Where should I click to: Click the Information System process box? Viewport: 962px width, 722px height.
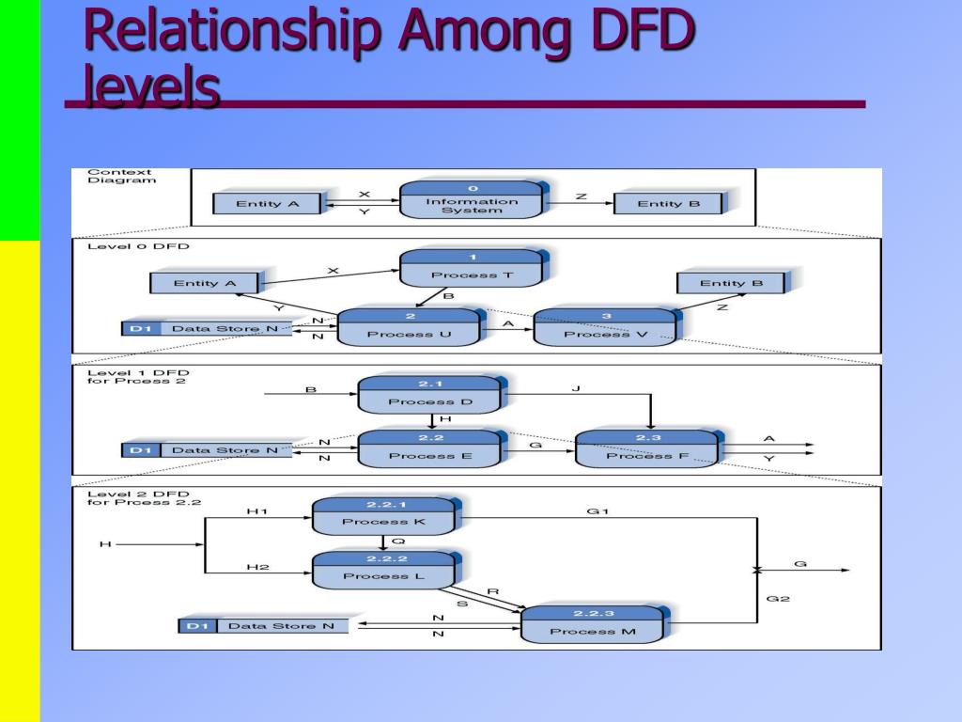click(x=472, y=201)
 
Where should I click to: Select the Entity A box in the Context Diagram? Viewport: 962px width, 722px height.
click(x=267, y=203)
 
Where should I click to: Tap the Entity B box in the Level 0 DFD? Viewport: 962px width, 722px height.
click(x=731, y=282)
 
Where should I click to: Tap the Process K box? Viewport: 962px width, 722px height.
click(x=382, y=514)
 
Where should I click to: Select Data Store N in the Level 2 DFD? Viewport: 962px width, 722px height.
click(x=263, y=625)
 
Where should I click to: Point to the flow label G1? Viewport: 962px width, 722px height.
click(x=597, y=511)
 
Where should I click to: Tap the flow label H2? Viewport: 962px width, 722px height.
click(x=257, y=567)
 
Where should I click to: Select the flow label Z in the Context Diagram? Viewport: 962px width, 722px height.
click(x=581, y=196)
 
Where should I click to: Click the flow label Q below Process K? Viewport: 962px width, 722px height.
click(x=397, y=541)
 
